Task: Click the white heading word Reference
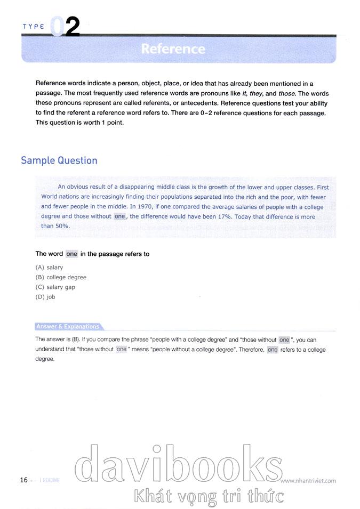pos(173,49)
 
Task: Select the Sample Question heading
pos(59,160)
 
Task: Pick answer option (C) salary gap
pos(55,287)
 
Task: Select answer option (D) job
pos(45,297)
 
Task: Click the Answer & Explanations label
pos(67,327)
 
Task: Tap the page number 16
pos(23,480)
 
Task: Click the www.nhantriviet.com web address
pos(308,480)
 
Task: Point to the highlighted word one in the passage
pos(120,216)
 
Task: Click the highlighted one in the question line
pos(72,254)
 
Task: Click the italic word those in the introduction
pos(279,93)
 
